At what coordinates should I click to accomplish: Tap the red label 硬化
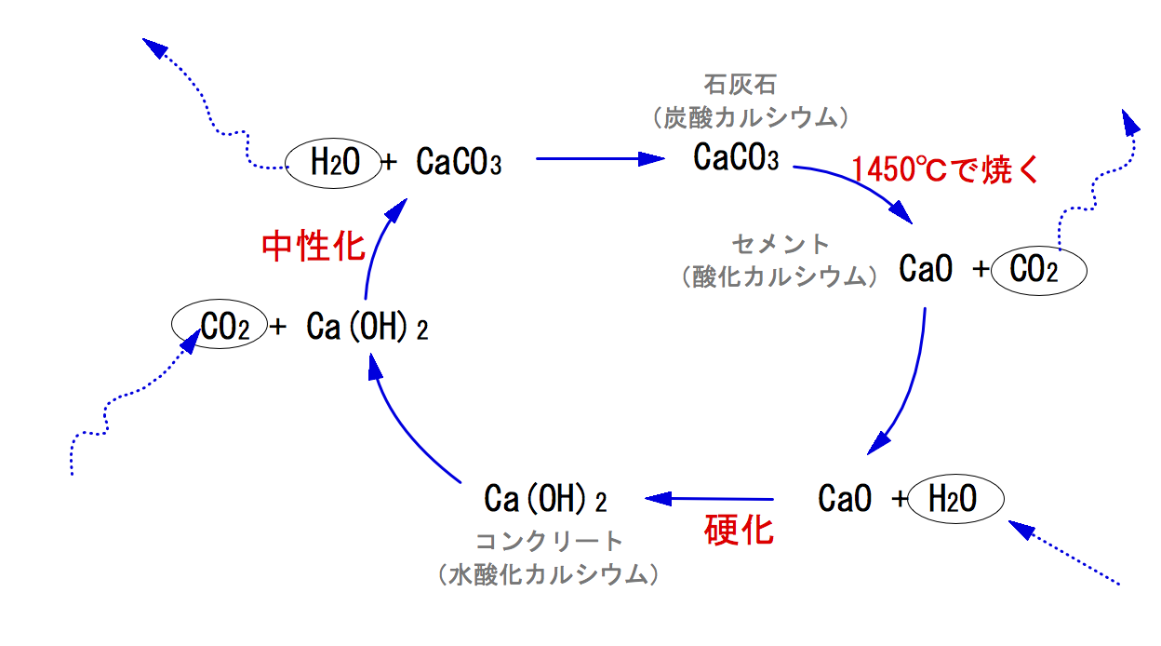point(739,530)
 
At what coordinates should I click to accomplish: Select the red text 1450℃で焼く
point(943,169)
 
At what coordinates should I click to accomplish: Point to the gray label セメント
point(781,244)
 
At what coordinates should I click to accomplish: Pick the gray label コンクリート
point(548,541)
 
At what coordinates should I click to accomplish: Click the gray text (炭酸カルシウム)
point(751,117)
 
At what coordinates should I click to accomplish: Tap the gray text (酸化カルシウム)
point(781,276)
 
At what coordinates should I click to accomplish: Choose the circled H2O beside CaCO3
point(331,164)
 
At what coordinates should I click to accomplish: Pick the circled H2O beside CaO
point(954,500)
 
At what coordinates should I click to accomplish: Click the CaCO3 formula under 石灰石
point(736,158)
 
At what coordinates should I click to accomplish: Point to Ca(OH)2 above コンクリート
point(545,500)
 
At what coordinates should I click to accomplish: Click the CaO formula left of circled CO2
point(926,270)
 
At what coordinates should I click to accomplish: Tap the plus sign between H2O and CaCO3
point(389,163)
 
